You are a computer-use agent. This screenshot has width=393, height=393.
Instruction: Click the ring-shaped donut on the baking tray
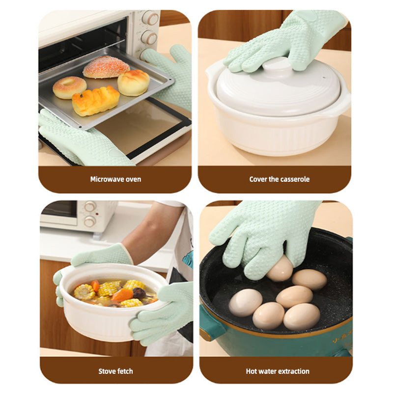click(x=70, y=87)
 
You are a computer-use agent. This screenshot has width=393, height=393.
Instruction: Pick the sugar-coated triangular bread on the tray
click(x=106, y=67)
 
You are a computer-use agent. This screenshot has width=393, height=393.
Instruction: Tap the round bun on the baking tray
click(x=133, y=83)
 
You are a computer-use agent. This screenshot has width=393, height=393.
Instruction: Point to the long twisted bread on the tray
click(x=95, y=101)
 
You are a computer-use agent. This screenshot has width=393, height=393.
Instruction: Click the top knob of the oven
click(x=151, y=18)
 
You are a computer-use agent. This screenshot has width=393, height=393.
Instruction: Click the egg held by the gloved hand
click(x=280, y=269)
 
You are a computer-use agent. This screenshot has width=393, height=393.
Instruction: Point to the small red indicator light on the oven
click(x=97, y=214)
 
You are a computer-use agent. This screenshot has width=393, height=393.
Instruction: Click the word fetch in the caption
click(x=125, y=371)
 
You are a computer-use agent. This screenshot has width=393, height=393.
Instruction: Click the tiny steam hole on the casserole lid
click(x=324, y=78)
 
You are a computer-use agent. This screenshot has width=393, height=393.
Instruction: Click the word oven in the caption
click(x=135, y=179)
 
